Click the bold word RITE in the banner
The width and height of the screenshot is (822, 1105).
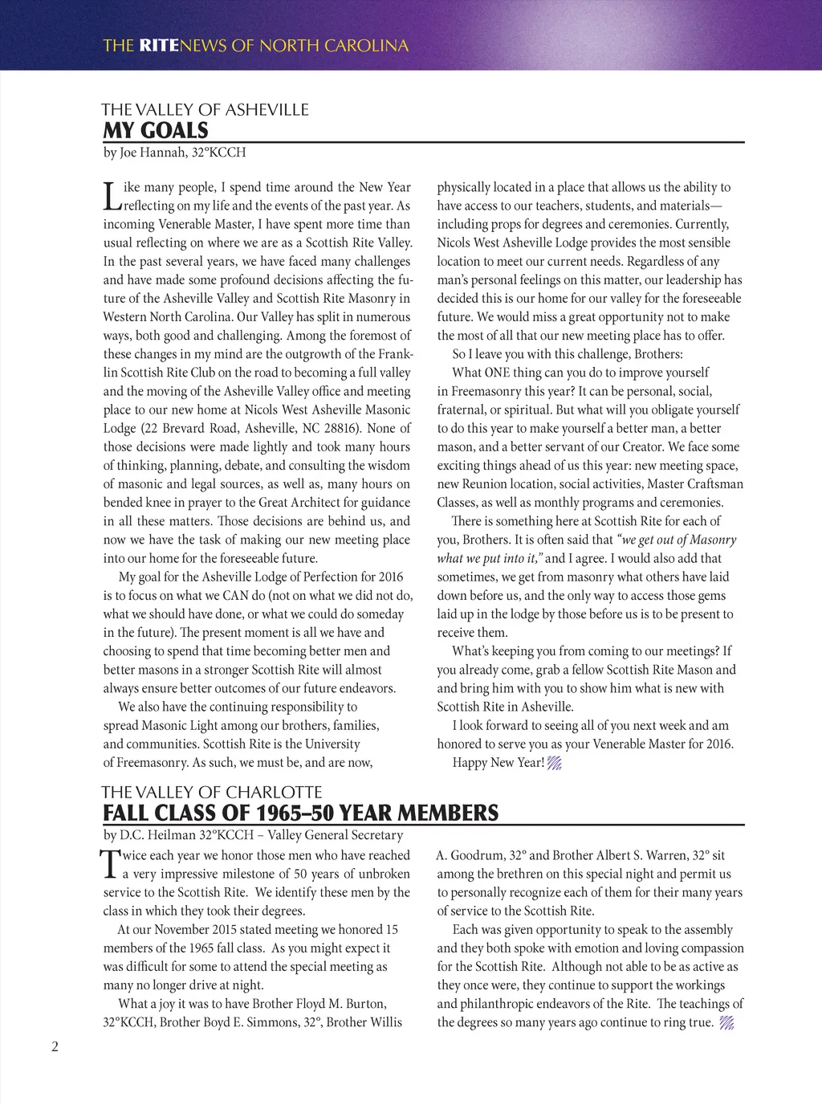159,45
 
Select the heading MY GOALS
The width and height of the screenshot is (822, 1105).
156,131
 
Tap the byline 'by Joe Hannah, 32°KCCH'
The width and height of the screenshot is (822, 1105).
174,153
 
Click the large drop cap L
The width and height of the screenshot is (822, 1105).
112,196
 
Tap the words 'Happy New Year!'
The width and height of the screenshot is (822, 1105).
498,763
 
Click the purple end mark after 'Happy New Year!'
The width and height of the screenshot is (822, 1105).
554,764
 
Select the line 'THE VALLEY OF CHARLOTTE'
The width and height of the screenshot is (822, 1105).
212,793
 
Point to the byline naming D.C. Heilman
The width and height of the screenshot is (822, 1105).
253,835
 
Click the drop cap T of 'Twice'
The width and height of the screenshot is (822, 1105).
110,864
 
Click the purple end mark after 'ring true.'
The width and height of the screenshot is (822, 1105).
726,1023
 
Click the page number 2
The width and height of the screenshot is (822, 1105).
55,1046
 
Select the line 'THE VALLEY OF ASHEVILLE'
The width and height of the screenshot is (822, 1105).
205,110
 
